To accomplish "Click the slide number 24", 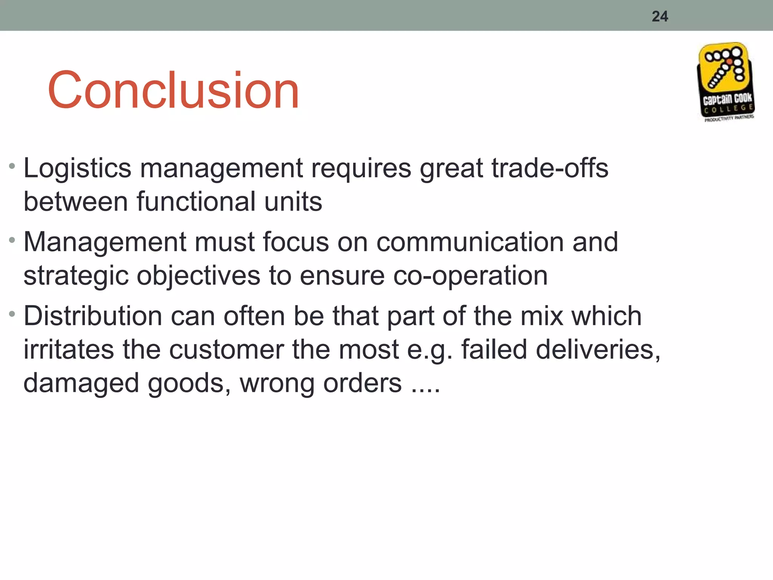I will [x=660, y=17].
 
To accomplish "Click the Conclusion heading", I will [x=173, y=91].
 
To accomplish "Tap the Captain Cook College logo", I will [x=726, y=82].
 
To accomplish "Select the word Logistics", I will [x=77, y=168].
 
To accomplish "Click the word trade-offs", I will [x=550, y=168].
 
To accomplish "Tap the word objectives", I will [x=198, y=276].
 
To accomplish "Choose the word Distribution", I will [x=93, y=316].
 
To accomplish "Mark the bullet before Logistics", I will [x=12, y=166].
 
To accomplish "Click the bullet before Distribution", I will [x=12, y=314].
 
